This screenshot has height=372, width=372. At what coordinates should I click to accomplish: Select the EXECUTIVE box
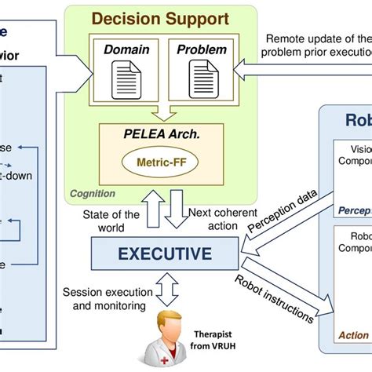163,253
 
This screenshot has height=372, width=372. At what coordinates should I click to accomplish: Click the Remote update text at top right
318,45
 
